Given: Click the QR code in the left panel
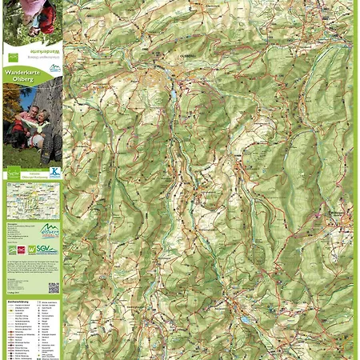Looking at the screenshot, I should (53, 287).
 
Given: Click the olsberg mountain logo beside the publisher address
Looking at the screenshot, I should (49, 230).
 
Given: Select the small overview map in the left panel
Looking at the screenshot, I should (33, 201).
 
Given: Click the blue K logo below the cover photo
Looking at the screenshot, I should (54, 171).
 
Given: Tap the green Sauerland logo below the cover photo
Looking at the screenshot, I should (12, 172).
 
